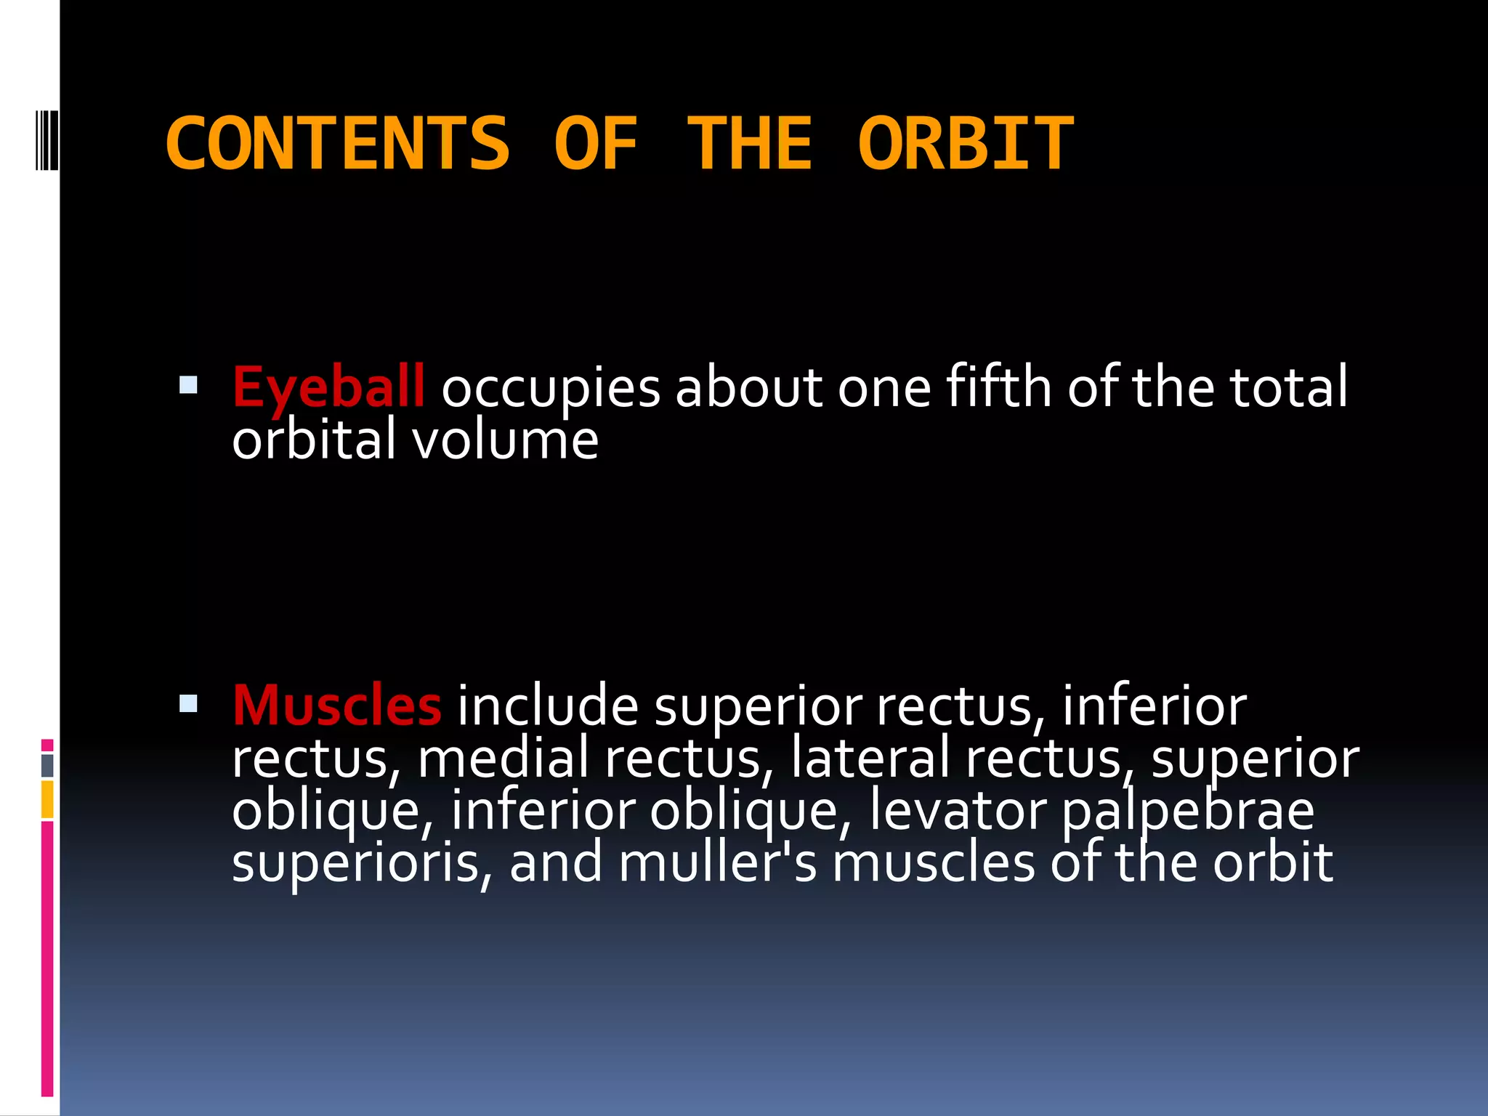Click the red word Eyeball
[x=328, y=388]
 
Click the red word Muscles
[x=336, y=706]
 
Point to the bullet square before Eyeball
[x=188, y=384]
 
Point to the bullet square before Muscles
[x=188, y=703]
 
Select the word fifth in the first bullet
[x=998, y=387]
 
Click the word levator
[x=958, y=811]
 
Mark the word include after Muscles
[x=547, y=706]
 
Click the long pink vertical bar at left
[x=47, y=959]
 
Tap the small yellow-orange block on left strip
[x=47, y=799]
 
